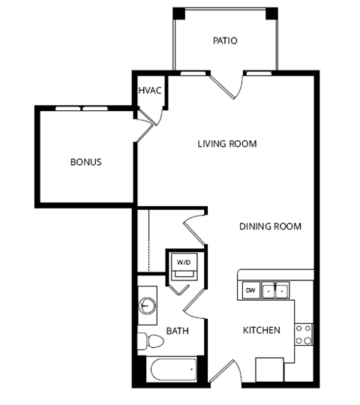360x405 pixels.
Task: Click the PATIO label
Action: [224, 40]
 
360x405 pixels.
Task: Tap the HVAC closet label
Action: [149, 91]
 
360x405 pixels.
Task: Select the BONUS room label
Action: [85, 162]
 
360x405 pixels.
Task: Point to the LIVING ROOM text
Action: [227, 143]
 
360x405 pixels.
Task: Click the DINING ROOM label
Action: [270, 226]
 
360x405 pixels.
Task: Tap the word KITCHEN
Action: [261, 330]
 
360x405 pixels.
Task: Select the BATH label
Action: [177, 330]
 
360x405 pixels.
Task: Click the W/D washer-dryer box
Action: [184, 262]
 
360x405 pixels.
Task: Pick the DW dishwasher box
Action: [250, 290]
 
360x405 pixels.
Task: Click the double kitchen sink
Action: [274, 290]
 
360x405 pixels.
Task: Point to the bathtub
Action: [172, 370]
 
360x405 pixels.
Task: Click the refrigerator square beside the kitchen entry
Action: [269, 370]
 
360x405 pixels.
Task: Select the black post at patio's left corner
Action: [179, 13]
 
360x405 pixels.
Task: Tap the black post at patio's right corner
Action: [271, 13]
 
